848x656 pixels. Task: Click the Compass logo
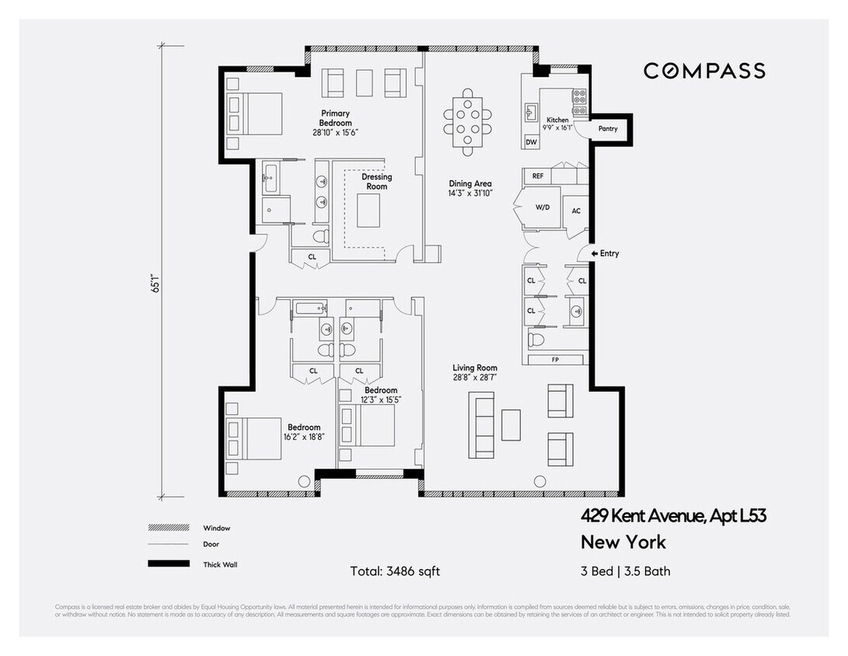point(703,71)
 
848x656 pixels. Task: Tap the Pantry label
point(607,128)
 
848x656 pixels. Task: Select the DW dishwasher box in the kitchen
point(532,142)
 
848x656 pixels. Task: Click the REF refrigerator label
point(537,176)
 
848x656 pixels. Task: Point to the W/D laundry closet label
point(543,208)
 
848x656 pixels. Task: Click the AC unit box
point(576,211)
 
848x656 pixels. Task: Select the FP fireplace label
point(554,360)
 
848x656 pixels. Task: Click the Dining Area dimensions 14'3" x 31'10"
point(469,194)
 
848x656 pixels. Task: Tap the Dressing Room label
point(377,181)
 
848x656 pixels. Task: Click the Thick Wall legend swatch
point(169,564)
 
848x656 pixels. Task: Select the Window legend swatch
point(169,528)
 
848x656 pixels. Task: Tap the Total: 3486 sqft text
point(395,571)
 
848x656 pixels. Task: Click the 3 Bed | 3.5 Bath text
point(625,571)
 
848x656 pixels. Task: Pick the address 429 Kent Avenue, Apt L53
point(674,515)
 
